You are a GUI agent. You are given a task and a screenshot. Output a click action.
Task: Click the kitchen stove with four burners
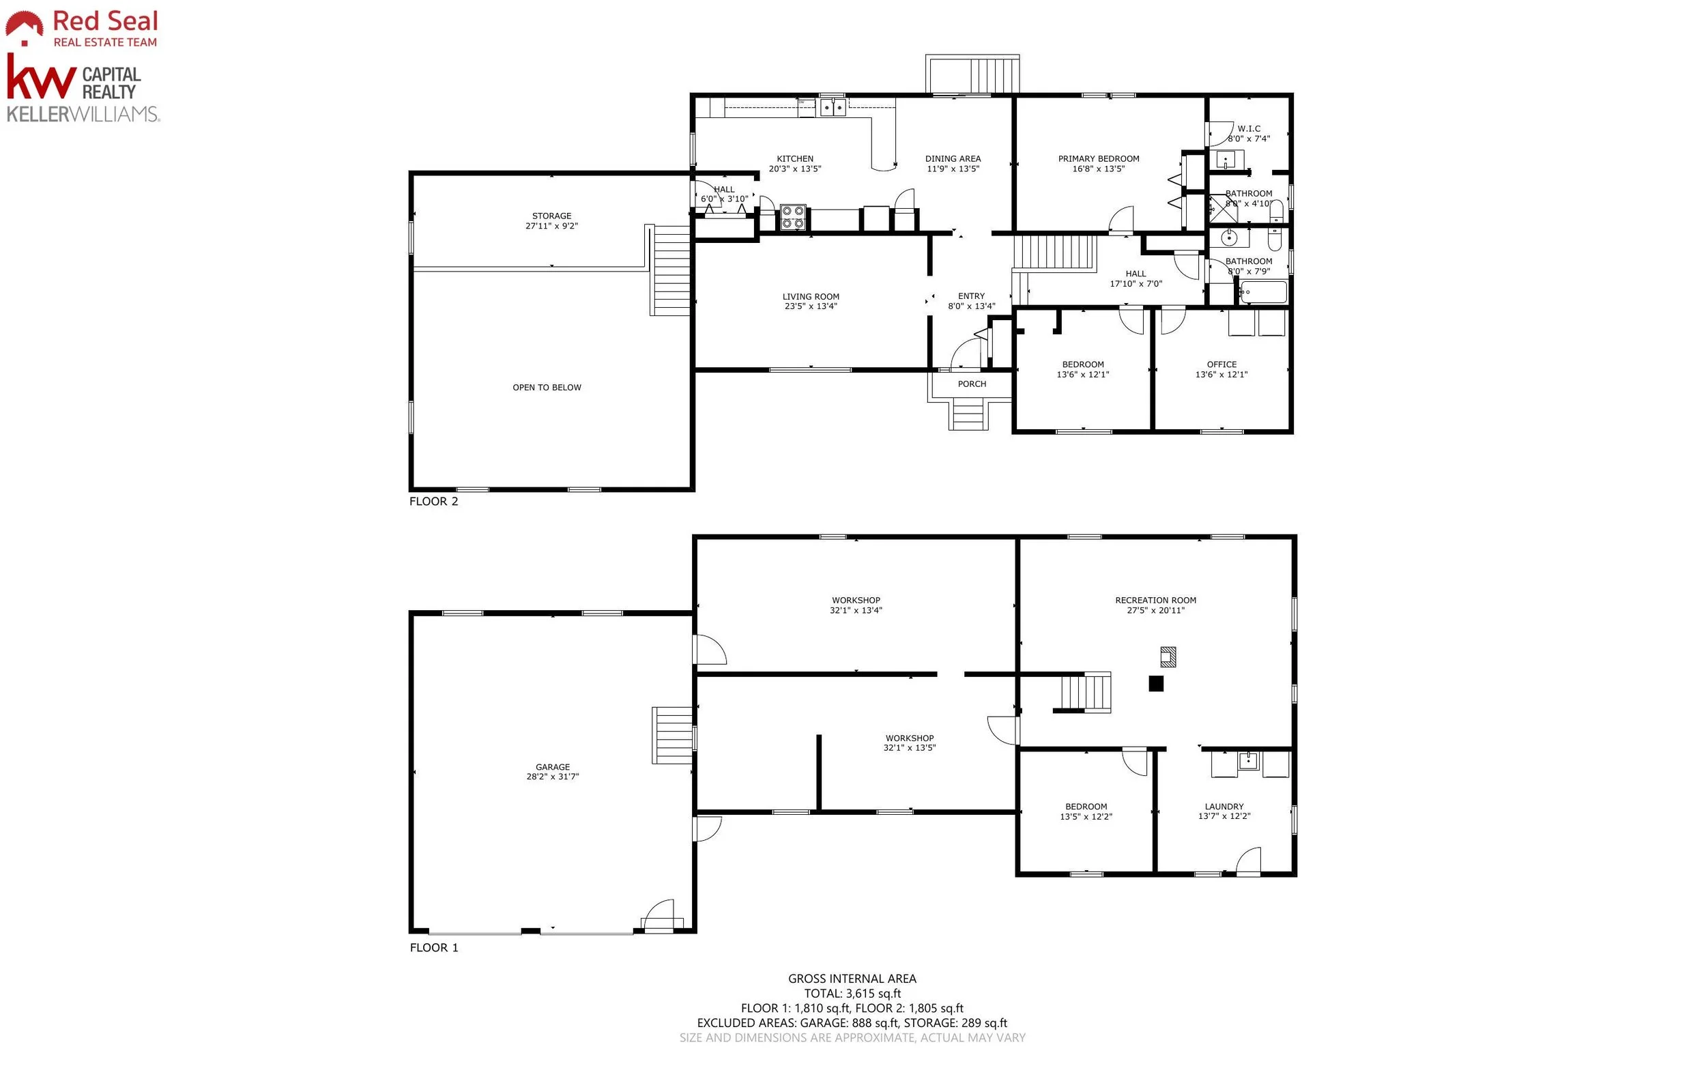(793, 217)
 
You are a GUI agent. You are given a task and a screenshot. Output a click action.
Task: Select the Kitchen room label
(794, 158)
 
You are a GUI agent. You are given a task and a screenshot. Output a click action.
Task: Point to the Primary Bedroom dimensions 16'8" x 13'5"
(1099, 169)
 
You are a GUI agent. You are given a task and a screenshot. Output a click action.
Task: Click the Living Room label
(811, 297)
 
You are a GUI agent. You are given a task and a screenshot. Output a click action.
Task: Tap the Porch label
(972, 384)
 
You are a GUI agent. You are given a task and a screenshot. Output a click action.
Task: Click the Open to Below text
(547, 388)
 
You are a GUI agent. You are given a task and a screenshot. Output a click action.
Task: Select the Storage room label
(552, 216)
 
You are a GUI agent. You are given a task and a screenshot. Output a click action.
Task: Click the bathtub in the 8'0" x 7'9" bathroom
(1263, 292)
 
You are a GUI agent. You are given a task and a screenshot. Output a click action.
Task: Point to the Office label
(1221, 364)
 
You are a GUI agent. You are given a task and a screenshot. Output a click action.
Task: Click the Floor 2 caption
(433, 502)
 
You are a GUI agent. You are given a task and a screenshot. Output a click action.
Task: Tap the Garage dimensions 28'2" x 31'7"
(553, 777)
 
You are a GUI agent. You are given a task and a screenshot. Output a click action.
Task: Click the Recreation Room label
(1155, 601)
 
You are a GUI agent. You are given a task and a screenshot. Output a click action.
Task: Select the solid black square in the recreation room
(1156, 683)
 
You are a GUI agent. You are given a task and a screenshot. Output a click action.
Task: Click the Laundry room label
(1224, 807)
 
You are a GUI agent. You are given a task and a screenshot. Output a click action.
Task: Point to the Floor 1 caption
(433, 947)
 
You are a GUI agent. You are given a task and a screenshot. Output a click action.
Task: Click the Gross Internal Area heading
(852, 979)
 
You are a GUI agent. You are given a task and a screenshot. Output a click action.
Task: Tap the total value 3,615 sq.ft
(873, 994)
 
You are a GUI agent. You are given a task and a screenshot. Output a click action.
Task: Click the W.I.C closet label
(1249, 129)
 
